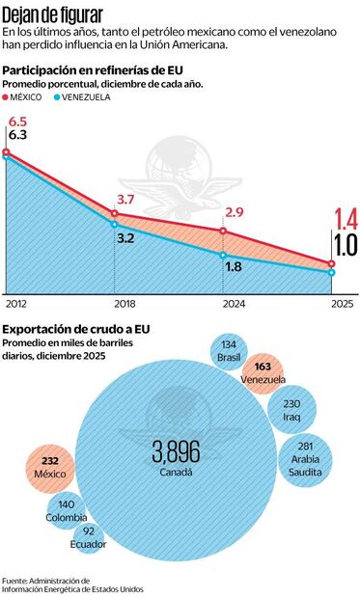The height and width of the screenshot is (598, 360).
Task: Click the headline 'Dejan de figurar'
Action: [50, 13]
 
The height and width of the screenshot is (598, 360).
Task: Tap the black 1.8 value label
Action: [234, 267]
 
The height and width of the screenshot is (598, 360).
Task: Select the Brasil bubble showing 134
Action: [229, 351]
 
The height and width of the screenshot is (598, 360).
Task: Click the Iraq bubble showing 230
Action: [294, 409]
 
